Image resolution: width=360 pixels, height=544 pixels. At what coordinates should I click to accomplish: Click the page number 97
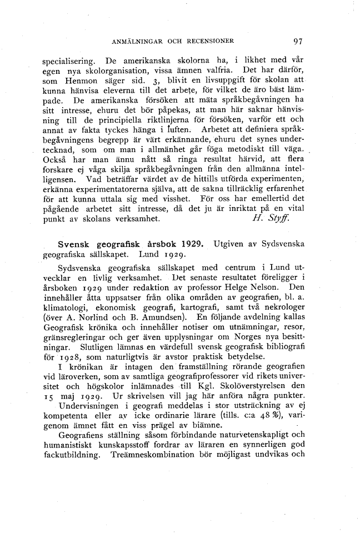[298, 41]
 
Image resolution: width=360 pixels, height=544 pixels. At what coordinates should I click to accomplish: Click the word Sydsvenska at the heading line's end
[279, 245]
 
